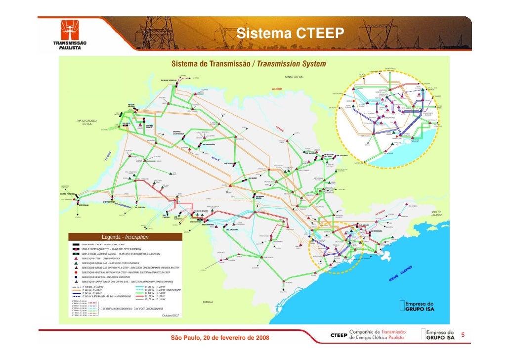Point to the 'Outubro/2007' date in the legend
tap(170, 315)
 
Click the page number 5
tap(463, 336)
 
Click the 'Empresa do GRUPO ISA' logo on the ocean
tap(420, 306)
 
